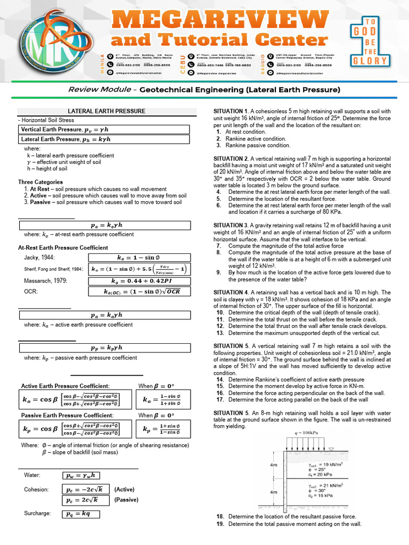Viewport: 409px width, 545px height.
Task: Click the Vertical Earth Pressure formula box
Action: (104, 129)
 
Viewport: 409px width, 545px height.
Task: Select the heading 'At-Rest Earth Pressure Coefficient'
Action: (63, 247)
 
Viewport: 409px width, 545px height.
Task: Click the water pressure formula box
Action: (81, 475)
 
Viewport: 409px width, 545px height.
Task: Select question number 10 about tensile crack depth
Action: (219, 312)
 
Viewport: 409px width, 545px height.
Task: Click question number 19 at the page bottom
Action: (220, 524)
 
